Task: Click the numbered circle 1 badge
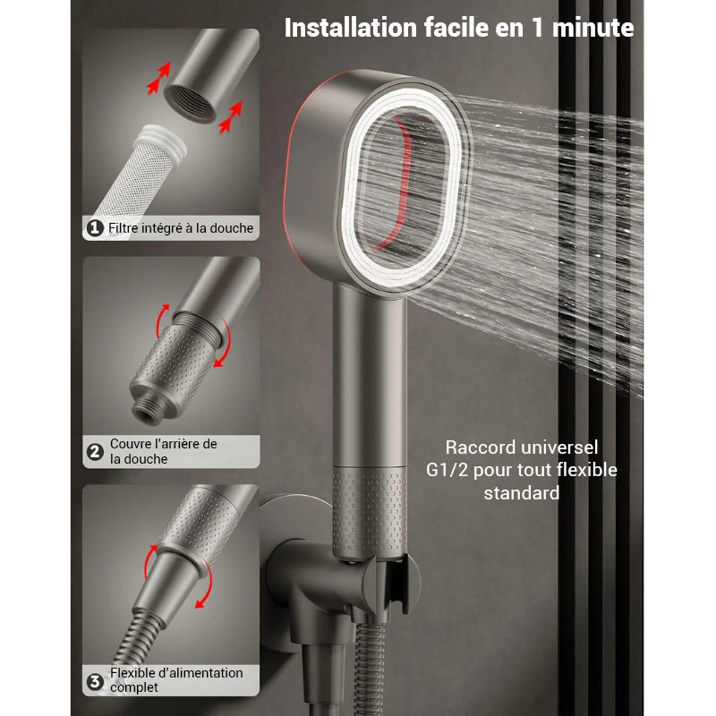pos(95,228)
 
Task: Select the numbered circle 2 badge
pos(95,451)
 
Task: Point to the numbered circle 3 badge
pos(95,682)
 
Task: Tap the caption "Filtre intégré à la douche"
pos(181,228)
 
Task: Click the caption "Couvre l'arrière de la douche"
pos(163,451)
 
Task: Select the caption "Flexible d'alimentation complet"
pos(175,680)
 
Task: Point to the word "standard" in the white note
pos(522,493)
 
